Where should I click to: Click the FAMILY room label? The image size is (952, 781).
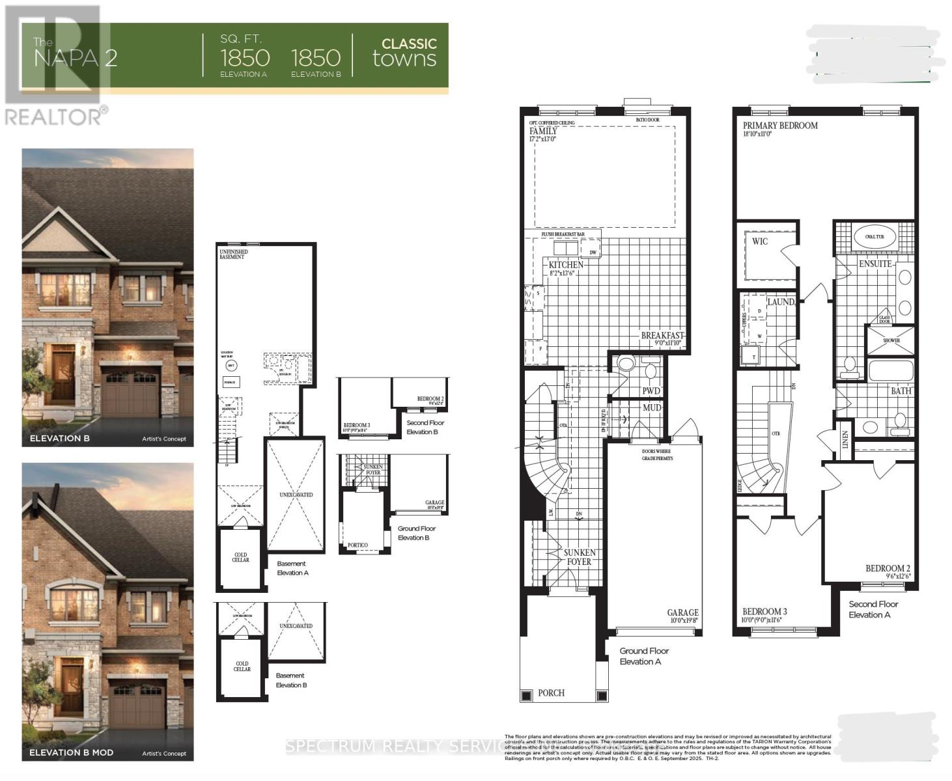click(543, 131)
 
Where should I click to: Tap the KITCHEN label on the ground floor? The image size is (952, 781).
click(565, 265)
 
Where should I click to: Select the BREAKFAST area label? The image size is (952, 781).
click(662, 336)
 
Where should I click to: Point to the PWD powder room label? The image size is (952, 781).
click(651, 391)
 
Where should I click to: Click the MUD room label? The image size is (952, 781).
click(652, 408)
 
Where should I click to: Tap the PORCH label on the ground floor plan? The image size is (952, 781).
click(551, 693)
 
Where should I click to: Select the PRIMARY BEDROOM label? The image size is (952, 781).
click(780, 126)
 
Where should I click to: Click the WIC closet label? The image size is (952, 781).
click(760, 241)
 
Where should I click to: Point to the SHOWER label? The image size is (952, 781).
click(891, 340)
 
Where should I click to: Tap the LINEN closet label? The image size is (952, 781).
click(845, 440)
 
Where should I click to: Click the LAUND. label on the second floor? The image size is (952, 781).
click(781, 302)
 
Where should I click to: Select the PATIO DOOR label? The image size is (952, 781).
click(647, 120)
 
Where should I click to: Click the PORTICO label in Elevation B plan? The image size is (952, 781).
click(357, 545)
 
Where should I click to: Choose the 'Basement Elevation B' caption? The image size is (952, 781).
click(291, 680)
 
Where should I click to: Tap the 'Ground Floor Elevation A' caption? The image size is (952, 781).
click(644, 656)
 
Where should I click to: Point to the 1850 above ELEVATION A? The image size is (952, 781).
click(245, 58)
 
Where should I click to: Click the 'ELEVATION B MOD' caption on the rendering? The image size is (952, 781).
click(72, 752)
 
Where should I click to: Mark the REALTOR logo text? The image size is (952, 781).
click(54, 116)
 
